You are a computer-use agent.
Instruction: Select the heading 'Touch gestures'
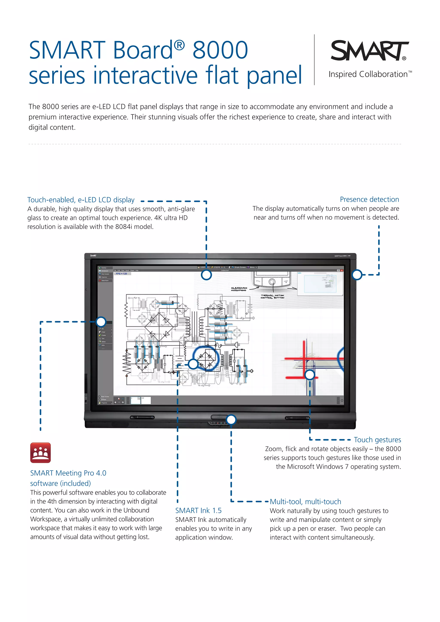coord(377,440)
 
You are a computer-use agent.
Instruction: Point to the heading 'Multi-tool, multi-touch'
coord(305,502)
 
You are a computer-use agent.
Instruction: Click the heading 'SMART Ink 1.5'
coord(198,510)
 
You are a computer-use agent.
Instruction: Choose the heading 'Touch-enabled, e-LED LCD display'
coord(81,200)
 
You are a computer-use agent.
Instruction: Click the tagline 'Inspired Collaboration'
coord(368,74)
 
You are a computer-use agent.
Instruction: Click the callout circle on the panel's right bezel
coord(357,275)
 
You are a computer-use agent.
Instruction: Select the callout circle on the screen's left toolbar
coord(101,322)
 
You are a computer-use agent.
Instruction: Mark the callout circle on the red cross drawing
coord(310,375)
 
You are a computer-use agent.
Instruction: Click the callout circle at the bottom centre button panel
coord(231,420)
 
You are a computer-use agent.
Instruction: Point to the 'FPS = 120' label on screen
coord(121,274)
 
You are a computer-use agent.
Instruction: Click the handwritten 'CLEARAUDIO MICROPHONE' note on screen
coord(239,289)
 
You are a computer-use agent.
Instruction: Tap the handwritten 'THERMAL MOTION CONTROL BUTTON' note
coord(272,296)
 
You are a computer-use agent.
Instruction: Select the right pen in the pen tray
coord(297,418)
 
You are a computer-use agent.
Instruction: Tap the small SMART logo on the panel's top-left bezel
coord(93,255)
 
